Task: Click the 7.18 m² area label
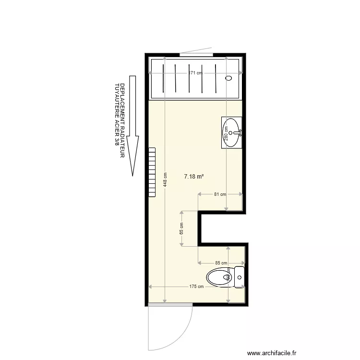[194, 177]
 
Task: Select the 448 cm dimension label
[165, 180]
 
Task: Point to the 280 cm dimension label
[226, 137]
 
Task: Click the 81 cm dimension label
[220, 194]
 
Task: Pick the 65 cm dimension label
[181, 228]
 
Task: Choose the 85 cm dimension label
[221, 263]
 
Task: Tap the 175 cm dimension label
[197, 287]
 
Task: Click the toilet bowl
[219, 277]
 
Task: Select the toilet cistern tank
[239, 277]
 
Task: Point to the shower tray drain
[228, 78]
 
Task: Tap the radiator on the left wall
[152, 171]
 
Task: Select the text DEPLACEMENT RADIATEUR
[122, 120]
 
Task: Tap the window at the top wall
[194, 55]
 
